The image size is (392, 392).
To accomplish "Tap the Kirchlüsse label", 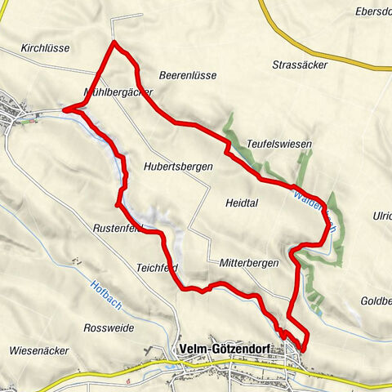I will coord(47,49).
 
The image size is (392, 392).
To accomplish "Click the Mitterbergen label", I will coord(249,263).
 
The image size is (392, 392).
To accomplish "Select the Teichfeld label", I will coord(157,267).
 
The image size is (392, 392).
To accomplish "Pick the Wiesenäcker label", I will coord(38,351).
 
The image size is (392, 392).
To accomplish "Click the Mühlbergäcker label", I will coord(118,92).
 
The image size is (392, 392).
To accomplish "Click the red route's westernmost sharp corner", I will coord(64,108).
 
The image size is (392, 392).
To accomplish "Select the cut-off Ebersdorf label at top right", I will coord(373,11).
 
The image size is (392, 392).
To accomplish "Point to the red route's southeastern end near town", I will coord(304,350).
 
